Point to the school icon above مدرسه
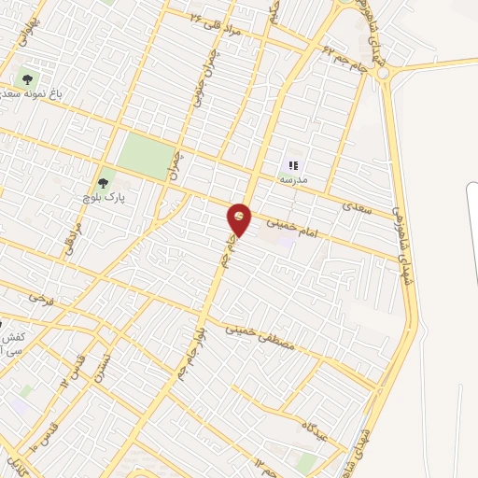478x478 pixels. (x=293, y=163)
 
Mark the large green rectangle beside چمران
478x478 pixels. (x=147, y=153)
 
